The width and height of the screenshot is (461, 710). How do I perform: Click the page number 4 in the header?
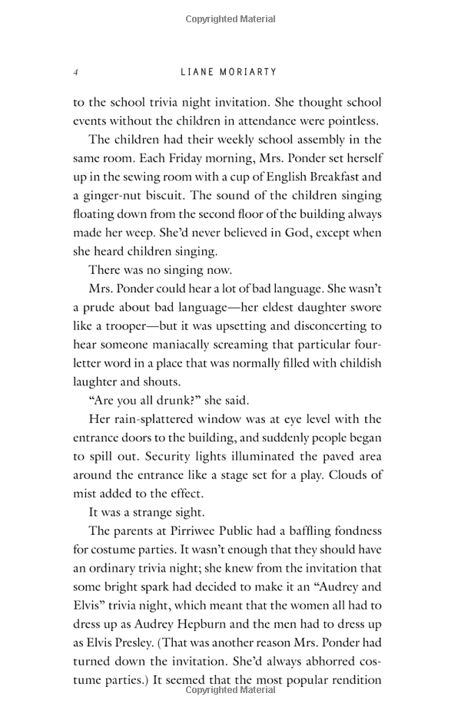click(x=76, y=72)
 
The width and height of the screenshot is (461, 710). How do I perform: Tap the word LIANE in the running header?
click(x=197, y=72)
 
